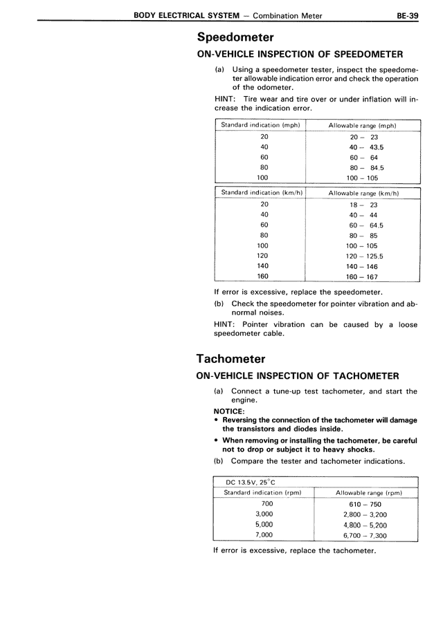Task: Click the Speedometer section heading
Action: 235,37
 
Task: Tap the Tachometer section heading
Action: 231,358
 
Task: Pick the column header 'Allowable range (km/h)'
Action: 363,194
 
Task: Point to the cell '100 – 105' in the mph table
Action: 363,178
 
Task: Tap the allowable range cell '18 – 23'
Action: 363,205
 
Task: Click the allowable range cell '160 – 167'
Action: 363,277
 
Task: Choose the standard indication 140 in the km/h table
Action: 263,265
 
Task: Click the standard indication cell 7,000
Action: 264,534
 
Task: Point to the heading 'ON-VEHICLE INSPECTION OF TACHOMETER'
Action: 298,376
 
